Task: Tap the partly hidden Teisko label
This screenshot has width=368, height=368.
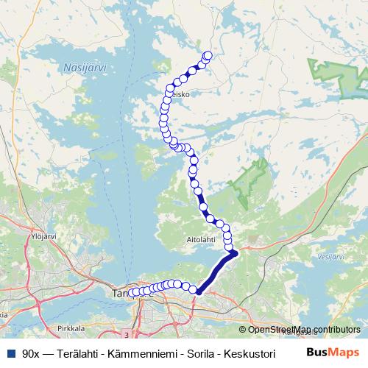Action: tap(182, 94)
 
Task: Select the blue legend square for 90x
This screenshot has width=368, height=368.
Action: tap(10, 353)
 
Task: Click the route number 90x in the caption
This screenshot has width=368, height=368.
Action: tap(32, 353)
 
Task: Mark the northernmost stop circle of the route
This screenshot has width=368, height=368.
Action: tap(208, 54)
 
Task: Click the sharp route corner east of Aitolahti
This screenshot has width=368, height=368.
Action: tap(235, 254)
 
